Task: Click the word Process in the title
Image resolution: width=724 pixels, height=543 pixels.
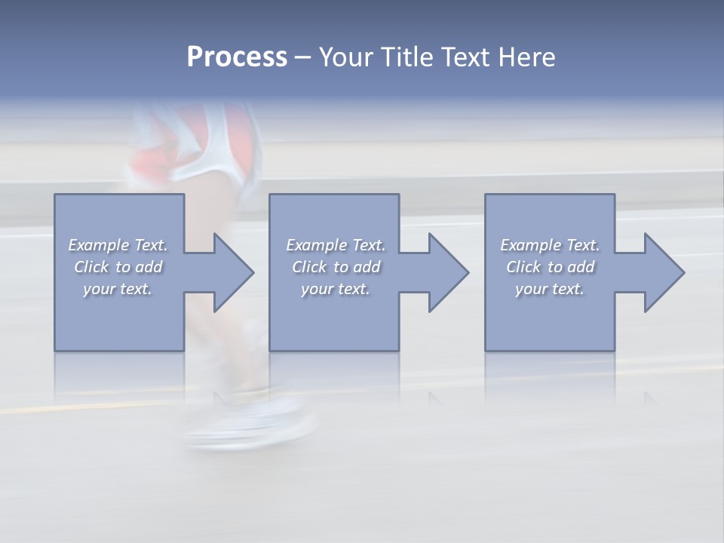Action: (x=237, y=57)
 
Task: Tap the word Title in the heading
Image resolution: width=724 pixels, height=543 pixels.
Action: (x=410, y=57)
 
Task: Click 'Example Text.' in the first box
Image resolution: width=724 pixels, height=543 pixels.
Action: (x=118, y=245)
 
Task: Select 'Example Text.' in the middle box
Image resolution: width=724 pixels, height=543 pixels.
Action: (x=336, y=245)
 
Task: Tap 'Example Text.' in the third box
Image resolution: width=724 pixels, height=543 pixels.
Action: (x=550, y=245)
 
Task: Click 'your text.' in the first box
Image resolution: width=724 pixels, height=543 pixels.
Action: (x=118, y=289)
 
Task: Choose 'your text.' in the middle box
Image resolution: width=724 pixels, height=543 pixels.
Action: (x=336, y=289)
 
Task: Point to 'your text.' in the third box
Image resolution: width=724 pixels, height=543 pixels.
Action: (x=550, y=289)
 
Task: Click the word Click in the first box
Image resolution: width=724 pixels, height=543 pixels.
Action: (x=91, y=267)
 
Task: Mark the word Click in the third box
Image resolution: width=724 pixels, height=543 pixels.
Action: (x=523, y=267)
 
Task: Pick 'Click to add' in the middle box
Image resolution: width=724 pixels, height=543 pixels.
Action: (x=336, y=267)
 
